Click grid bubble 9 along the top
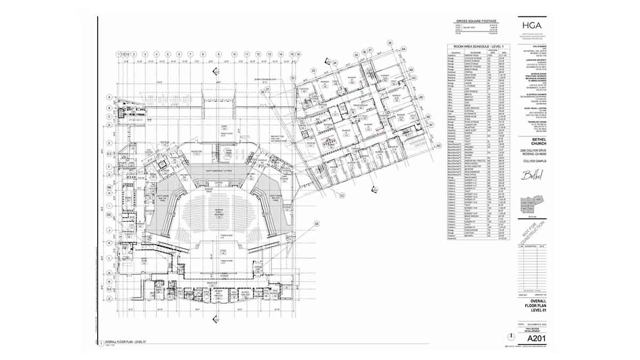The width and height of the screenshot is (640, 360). coord(218,54)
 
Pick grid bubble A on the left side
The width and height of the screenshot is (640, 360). coord(109,97)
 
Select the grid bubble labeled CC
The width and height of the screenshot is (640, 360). coord(341,196)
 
